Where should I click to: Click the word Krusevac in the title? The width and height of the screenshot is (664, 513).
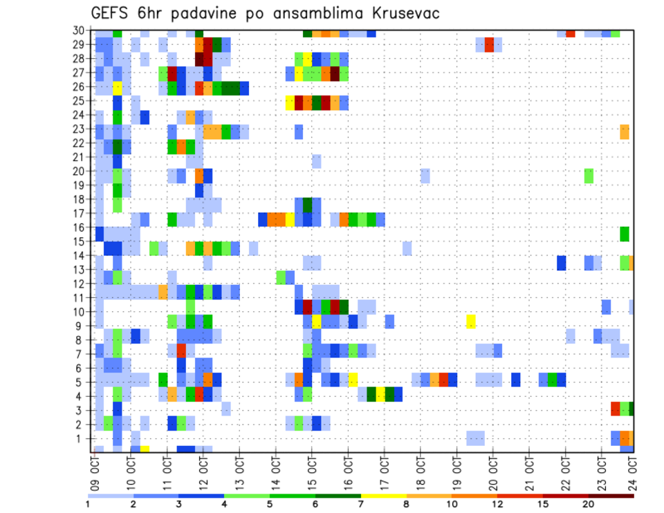(400, 14)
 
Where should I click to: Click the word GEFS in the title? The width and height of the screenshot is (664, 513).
(111, 14)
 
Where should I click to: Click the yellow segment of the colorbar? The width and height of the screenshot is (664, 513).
(384, 496)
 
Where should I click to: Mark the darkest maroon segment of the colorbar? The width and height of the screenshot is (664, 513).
(611, 496)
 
